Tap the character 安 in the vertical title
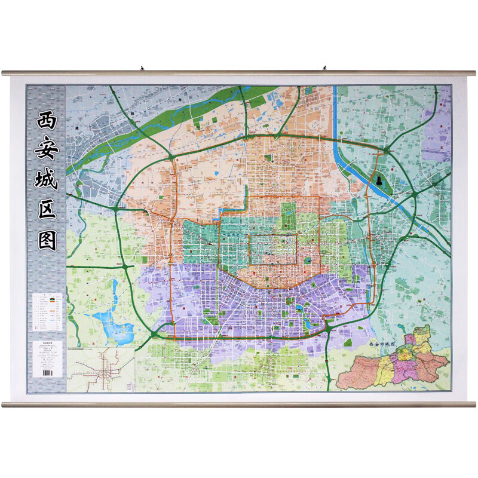(45, 149)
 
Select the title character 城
(45, 180)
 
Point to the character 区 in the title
(45, 210)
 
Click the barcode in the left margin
(45, 372)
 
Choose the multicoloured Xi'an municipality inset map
(394, 361)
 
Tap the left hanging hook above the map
(143, 68)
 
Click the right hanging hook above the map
(325, 68)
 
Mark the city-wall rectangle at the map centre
(273, 249)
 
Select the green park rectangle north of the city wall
(289, 210)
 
